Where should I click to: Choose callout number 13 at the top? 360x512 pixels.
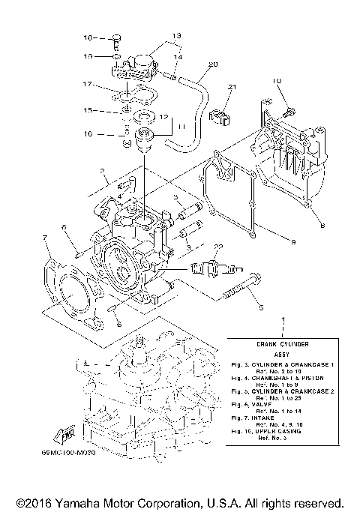pos(156,35)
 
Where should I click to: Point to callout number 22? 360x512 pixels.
pos(218,247)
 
